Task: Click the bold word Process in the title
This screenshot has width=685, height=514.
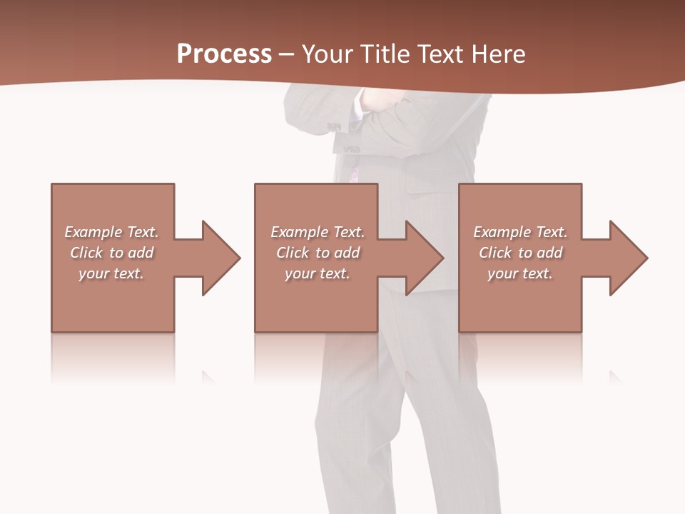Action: (224, 54)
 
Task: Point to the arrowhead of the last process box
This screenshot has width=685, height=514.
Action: (629, 258)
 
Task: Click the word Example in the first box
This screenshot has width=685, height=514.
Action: (92, 232)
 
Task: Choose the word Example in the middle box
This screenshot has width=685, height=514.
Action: (298, 232)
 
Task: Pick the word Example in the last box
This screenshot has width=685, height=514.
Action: (501, 232)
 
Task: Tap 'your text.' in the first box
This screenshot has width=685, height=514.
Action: (111, 273)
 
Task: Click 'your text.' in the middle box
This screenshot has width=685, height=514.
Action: (318, 273)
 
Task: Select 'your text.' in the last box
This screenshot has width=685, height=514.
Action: (520, 273)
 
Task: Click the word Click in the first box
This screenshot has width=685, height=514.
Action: (86, 253)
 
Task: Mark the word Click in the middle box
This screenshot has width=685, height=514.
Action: (293, 253)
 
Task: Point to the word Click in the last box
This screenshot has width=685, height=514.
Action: (495, 253)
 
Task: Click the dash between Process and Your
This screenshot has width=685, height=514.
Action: (287, 54)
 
